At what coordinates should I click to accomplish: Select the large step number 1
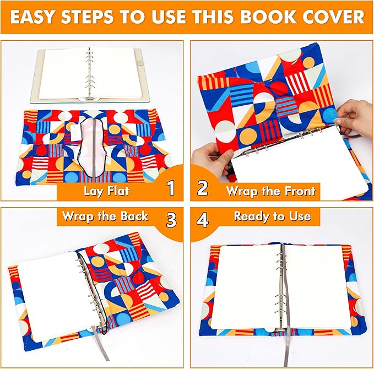171,188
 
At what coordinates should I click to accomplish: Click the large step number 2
203,188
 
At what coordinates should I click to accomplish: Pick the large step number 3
171,219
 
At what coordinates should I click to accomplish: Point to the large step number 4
203,219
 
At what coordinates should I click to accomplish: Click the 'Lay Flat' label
105,191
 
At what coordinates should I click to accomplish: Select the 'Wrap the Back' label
105,215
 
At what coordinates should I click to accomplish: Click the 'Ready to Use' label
272,216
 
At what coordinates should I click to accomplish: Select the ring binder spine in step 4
283,286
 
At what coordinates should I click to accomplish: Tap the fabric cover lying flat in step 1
88,146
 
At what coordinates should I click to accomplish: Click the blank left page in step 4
248,286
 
